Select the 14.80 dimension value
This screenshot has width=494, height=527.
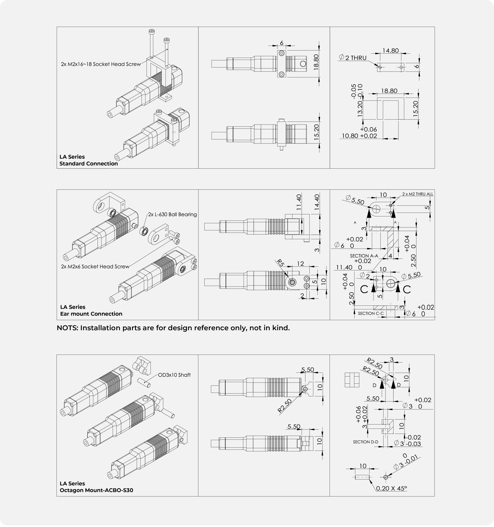click(390, 50)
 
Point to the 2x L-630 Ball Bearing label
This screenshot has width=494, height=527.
click(172, 214)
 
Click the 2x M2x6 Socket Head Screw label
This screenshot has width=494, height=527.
click(95, 266)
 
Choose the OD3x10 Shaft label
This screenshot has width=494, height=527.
click(174, 375)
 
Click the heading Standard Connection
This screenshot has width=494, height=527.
click(89, 164)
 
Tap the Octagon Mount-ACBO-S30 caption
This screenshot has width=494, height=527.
click(97, 490)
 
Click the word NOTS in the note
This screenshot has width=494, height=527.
click(68, 328)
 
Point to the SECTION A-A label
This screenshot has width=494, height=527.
click(364, 256)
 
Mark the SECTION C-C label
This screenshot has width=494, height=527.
click(371, 313)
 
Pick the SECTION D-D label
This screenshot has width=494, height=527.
click(366, 442)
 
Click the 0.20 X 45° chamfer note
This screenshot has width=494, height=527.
click(391, 488)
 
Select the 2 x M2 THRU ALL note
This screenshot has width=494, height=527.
click(418, 194)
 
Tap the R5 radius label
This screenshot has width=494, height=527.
click(280, 263)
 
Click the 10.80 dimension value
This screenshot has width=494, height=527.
click(350, 136)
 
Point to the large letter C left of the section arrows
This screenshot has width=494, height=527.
click(364, 289)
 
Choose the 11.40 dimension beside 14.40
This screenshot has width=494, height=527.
click(299, 202)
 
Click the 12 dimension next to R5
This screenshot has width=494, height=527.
click(300, 263)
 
